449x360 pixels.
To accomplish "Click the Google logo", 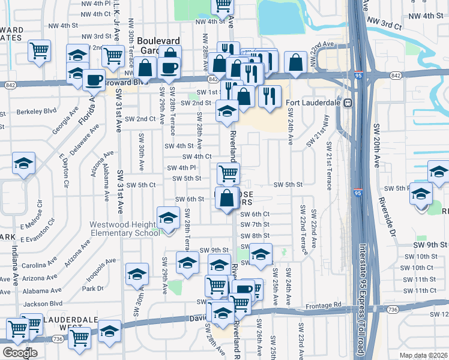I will tap(20, 353).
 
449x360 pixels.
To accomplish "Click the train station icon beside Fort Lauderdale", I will tap(346, 103).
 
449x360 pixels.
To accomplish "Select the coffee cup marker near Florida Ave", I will tap(94, 80).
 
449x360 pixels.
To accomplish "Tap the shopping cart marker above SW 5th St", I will tap(228, 173).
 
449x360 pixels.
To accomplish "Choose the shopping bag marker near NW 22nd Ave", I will tap(296, 62).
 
